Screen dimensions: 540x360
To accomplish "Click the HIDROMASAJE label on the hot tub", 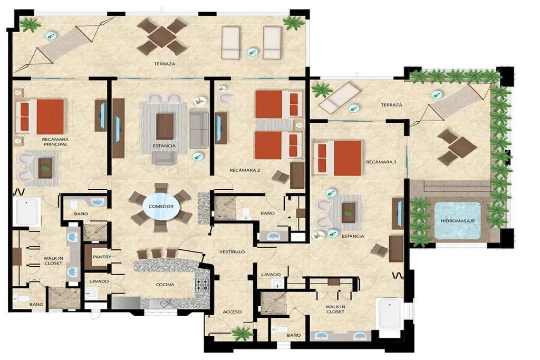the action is click(x=457, y=221).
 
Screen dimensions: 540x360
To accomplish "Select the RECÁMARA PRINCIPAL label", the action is click(x=55, y=142).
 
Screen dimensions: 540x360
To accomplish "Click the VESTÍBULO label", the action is click(x=232, y=252).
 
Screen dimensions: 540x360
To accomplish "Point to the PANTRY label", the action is click(x=102, y=257).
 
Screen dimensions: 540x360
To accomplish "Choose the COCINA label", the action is click(x=165, y=285).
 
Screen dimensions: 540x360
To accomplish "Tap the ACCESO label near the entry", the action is click(x=232, y=312).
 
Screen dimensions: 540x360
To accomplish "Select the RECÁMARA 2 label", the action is click(x=245, y=170).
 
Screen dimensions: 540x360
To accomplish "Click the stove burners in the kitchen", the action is click(x=202, y=285).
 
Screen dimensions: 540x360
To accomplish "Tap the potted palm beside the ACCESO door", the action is click(x=243, y=333).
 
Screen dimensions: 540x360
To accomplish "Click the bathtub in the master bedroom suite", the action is click(x=26, y=212).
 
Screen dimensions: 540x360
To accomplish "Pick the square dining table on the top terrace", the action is click(x=162, y=36).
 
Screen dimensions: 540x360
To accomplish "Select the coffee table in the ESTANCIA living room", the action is click(x=165, y=127).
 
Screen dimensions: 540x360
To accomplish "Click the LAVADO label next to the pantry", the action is click(x=99, y=281).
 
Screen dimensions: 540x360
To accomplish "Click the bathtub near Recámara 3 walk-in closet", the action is click(x=390, y=314).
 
